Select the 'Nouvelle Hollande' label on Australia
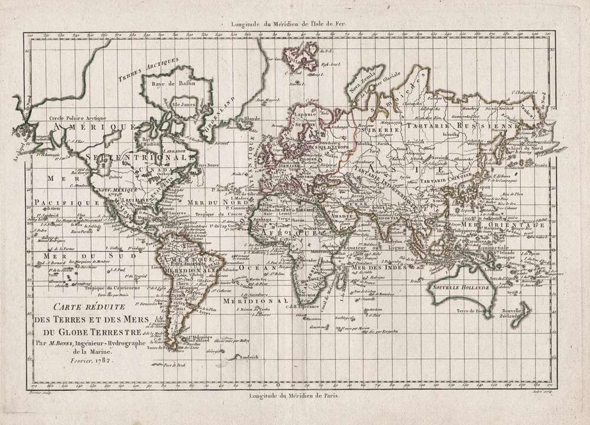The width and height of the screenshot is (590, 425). [x=461, y=288]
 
